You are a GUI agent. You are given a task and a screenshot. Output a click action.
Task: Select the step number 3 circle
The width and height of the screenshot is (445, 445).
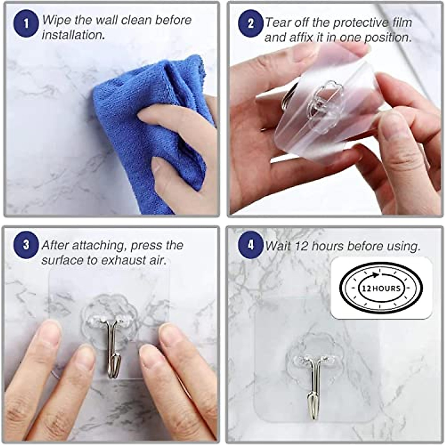(26, 245)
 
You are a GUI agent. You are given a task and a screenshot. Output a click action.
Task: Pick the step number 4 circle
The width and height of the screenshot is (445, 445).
(251, 245)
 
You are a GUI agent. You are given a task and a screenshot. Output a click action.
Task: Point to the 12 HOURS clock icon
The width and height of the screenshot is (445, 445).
(381, 288)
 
